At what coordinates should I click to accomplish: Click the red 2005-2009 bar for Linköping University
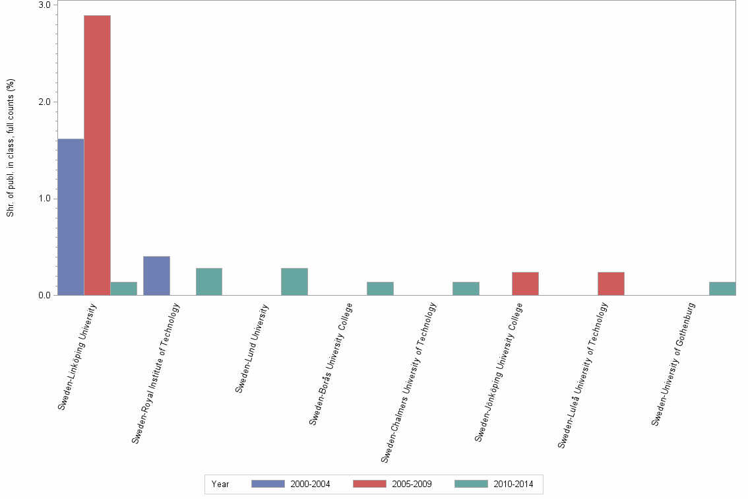97,155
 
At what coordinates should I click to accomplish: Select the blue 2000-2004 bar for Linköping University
71,217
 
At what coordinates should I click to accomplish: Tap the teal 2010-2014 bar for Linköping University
123,288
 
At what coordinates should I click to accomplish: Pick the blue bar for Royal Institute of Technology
156,276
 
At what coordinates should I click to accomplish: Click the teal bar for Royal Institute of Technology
209,282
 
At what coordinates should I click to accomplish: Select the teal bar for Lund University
294,282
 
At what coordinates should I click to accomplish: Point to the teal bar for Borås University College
380,288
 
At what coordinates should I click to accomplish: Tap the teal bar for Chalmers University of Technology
466,288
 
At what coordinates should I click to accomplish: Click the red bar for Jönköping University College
525,284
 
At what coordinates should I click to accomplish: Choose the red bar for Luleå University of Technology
611,284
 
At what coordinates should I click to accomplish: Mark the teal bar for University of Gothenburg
722,288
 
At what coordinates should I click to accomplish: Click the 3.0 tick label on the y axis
46,5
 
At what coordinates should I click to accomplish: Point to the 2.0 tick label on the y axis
46,102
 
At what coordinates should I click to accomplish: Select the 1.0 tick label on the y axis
46,199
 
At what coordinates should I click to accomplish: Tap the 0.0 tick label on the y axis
46,295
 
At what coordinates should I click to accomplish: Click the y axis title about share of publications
11,148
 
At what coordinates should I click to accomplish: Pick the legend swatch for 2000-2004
268,484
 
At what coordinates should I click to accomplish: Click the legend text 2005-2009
412,484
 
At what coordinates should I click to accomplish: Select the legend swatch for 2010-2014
472,484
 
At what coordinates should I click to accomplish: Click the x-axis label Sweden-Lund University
253,348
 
